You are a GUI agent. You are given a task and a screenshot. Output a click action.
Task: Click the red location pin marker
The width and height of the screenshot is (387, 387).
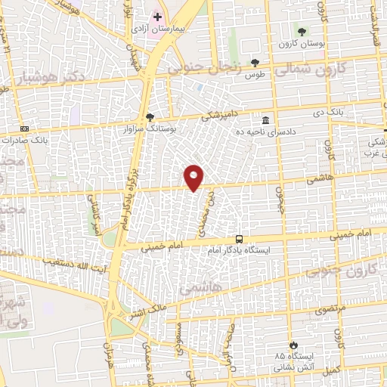click(x=194, y=176)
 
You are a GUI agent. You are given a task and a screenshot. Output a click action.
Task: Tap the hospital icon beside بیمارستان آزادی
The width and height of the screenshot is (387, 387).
click(x=157, y=17)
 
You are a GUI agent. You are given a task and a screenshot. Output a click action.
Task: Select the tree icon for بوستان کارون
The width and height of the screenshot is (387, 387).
click(x=302, y=31)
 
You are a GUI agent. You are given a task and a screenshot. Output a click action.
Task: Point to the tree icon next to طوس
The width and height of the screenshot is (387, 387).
click(x=254, y=63)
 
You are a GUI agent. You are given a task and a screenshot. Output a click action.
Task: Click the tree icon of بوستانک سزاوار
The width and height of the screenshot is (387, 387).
click(x=149, y=116)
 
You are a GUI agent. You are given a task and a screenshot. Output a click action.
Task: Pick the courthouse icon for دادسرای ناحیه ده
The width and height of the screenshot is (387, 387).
click(x=265, y=120)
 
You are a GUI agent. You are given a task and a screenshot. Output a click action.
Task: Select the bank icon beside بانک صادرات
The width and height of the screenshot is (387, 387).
click(x=24, y=129)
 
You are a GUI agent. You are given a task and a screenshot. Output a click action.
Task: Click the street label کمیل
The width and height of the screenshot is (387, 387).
click(x=348, y=368)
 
